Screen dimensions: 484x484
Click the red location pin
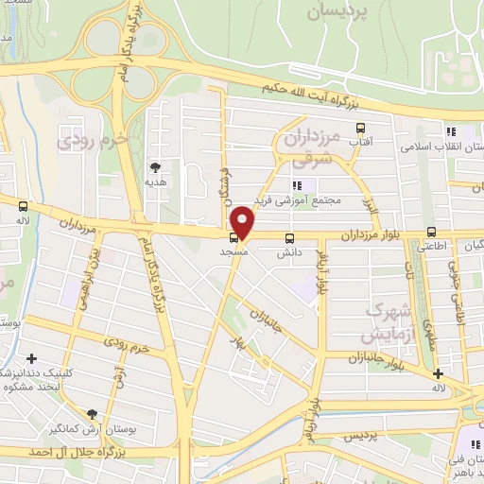[x=243, y=222]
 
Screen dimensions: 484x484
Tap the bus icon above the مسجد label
[x=233, y=237]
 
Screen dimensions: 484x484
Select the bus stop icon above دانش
[x=288, y=238]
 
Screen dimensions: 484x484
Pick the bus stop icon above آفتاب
[x=359, y=128]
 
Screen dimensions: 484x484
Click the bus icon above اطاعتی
[x=431, y=232]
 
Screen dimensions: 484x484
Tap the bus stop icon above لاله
[x=23, y=205]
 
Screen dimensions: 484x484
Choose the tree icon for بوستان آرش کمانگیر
[x=92, y=413]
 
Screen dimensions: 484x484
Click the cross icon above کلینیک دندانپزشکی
[x=33, y=358]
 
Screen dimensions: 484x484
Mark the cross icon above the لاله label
[x=437, y=373]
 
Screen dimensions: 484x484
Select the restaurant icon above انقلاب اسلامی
[x=452, y=131]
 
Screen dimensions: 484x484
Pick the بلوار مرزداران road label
[x=355, y=233]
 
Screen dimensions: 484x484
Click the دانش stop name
[x=288, y=253]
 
